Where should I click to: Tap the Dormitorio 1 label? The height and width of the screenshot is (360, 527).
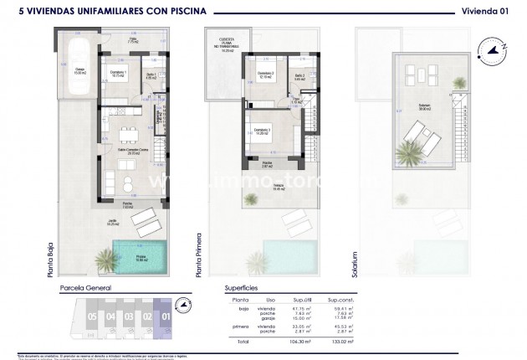coord(120,74)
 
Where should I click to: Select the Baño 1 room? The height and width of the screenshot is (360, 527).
coord(151,75)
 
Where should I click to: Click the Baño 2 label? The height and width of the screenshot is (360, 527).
coord(300,75)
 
